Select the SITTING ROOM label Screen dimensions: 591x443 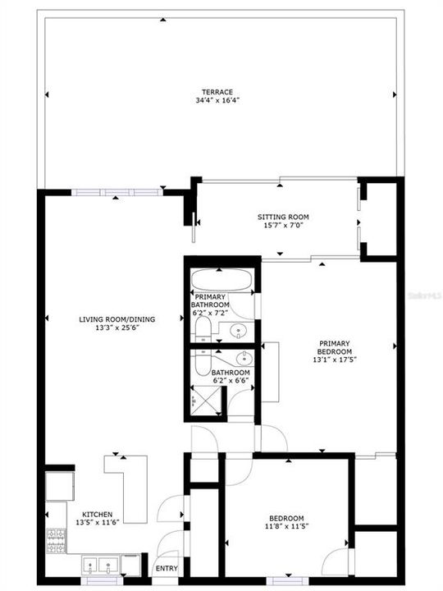(x=283, y=217)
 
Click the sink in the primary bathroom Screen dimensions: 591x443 (x=239, y=332)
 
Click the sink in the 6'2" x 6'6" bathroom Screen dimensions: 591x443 (x=244, y=359)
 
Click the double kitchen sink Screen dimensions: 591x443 (x=102, y=565)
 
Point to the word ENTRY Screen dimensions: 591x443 (x=166, y=568)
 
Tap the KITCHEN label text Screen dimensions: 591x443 (x=96, y=515)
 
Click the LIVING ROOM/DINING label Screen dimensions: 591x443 (x=116, y=319)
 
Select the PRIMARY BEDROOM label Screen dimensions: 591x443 (x=335, y=348)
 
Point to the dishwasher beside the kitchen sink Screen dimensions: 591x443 (x=131, y=565)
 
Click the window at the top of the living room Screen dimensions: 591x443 (x=115, y=191)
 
